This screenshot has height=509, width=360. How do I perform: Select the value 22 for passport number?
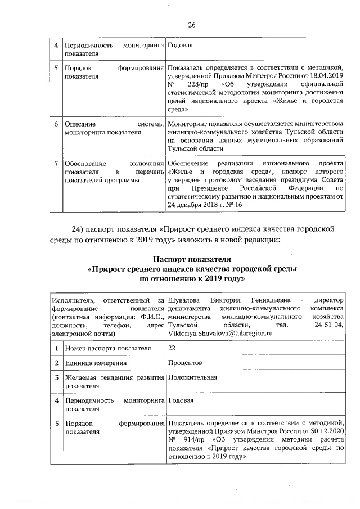(x=172, y=349)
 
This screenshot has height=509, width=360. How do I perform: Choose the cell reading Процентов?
(x=184, y=363)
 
